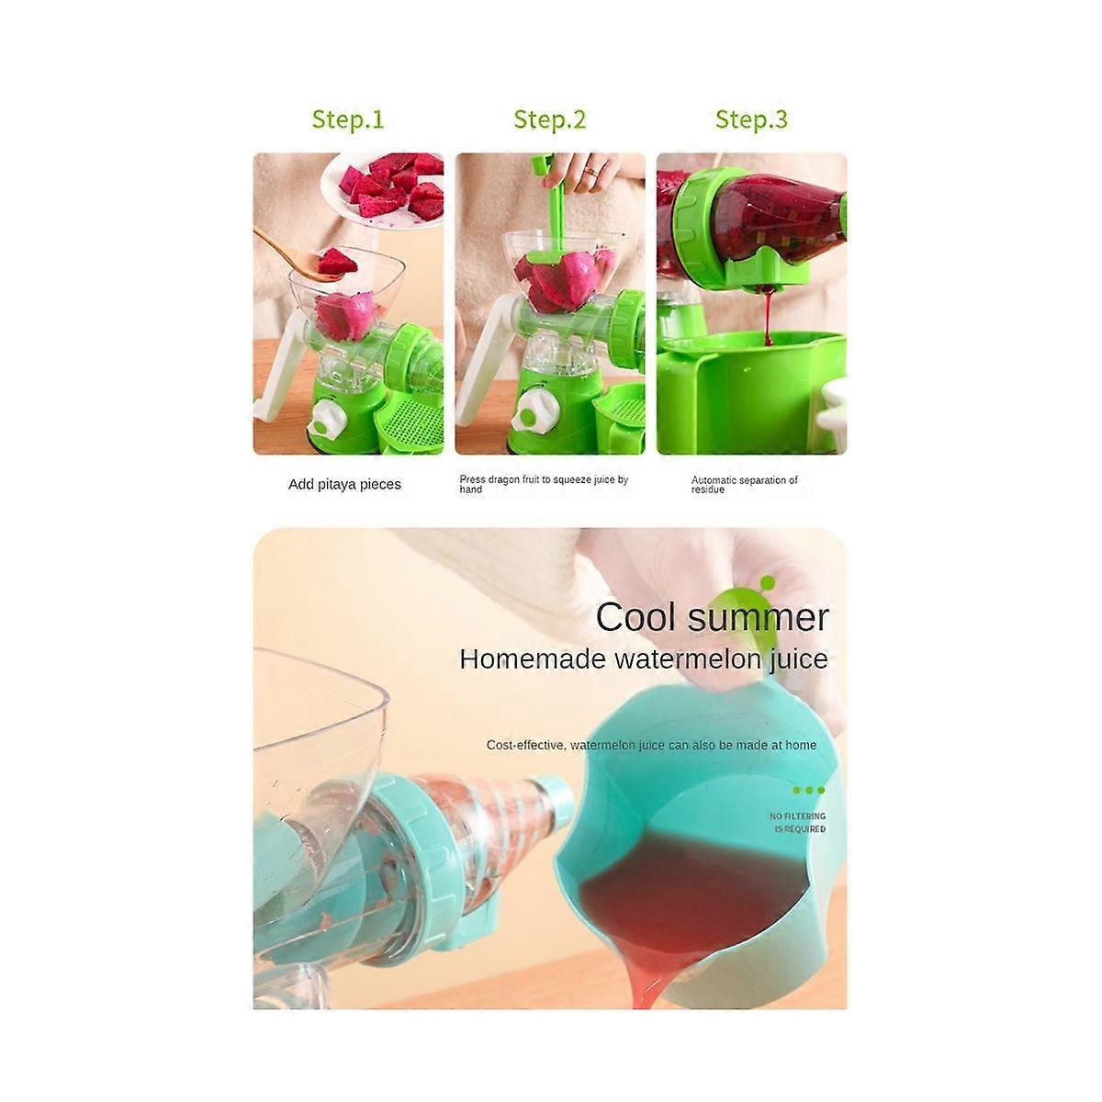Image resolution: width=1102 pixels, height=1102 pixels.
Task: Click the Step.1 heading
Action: pyautogui.click(x=348, y=119)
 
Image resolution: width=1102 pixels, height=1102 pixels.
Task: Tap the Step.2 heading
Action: pyautogui.click(x=549, y=119)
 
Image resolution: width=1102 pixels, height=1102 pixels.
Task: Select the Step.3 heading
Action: pyautogui.click(x=751, y=119)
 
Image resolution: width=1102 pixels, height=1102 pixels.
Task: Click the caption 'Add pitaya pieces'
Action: pyautogui.click(x=344, y=484)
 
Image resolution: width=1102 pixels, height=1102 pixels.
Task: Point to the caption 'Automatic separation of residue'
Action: pyautogui.click(x=744, y=484)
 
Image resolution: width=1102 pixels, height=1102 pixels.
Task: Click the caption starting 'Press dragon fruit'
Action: pyautogui.click(x=544, y=484)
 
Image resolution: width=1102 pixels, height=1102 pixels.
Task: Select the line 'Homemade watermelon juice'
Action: pyautogui.click(x=643, y=658)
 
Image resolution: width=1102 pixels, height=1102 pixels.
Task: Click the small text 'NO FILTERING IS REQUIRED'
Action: pyautogui.click(x=797, y=822)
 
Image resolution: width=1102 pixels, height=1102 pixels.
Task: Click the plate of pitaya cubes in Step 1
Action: pyautogui.click(x=386, y=188)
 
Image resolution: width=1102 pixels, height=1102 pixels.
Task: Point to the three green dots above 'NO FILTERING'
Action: pyautogui.click(x=808, y=790)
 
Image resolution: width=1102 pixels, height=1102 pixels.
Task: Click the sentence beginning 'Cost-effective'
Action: pyautogui.click(x=651, y=745)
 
